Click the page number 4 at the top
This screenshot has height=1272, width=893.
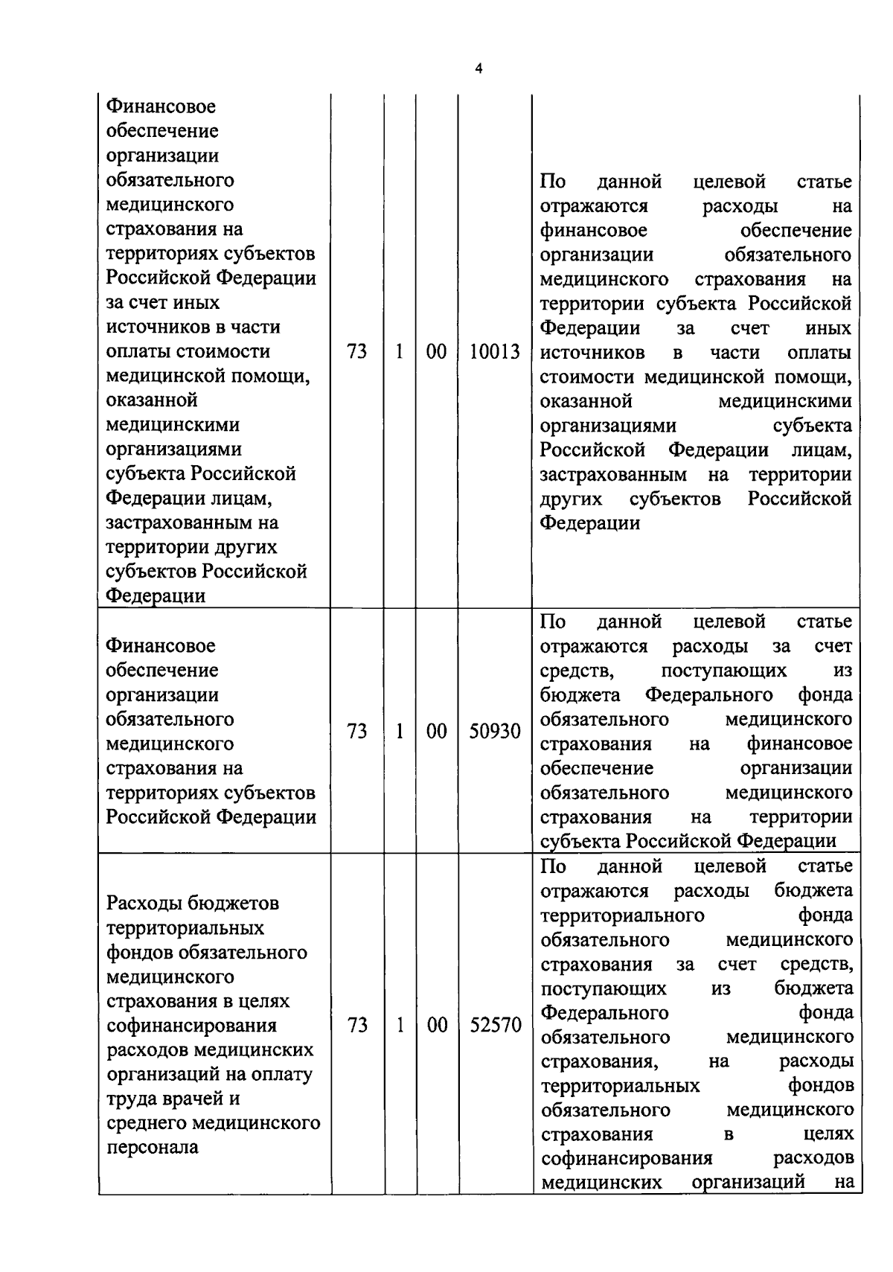coord(478,68)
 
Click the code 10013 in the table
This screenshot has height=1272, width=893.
coord(494,352)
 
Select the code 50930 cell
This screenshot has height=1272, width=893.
coord(494,732)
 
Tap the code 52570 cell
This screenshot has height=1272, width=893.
coord(495,1026)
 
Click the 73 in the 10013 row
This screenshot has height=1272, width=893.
coord(357,352)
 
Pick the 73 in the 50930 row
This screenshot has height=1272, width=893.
coord(357,732)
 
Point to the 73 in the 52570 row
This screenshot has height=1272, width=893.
coord(357,1026)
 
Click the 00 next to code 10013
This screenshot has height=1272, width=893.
coord(436,352)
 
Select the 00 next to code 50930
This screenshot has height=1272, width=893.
coord(436,732)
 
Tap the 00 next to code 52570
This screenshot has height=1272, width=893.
coord(437,1026)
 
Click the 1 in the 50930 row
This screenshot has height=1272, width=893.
coord(399,732)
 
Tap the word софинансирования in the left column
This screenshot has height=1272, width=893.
coord(192,1026)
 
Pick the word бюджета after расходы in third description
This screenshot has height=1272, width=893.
coord(813,891)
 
